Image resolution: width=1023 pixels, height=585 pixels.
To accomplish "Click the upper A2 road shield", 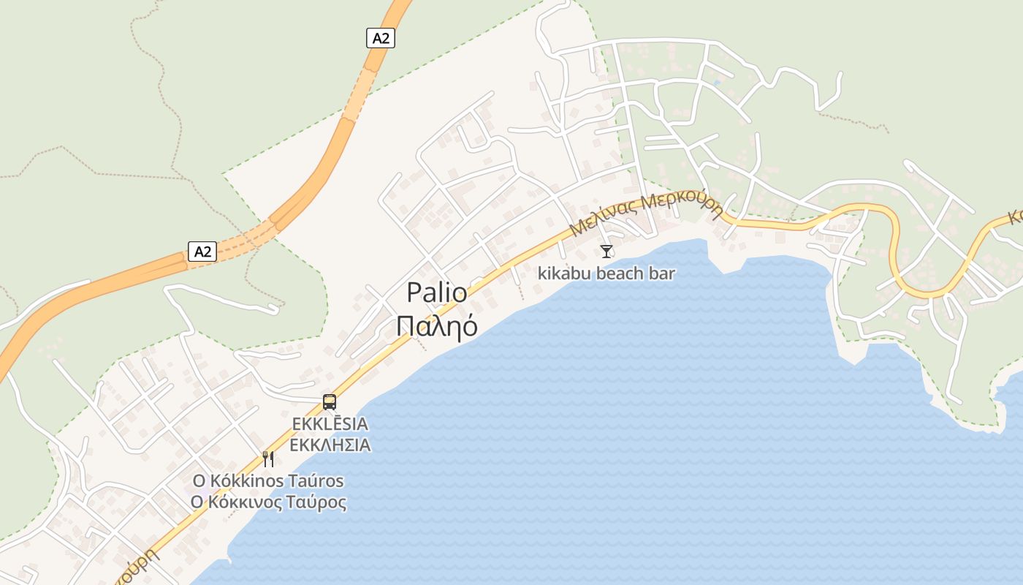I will click(380, 38).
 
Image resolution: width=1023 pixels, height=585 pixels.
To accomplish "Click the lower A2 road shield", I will click(202, 252).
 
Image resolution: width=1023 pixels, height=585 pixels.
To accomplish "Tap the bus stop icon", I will click(330, 401).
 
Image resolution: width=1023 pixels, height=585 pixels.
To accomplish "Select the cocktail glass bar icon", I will click(606, 252).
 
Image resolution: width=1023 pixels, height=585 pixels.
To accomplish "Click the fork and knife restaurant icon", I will click(268, 458).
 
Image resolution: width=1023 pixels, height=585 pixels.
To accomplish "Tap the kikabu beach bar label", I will click(606, 273).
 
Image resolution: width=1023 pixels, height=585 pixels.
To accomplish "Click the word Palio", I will click(437, 292).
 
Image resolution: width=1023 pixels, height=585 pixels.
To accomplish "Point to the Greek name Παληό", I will click(437, 325).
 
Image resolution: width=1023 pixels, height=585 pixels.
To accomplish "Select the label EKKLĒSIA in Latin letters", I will click(330, 424).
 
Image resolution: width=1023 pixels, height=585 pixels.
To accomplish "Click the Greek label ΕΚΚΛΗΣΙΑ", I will click(330, 445).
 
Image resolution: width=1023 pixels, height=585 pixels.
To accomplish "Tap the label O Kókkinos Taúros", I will click(267, 481).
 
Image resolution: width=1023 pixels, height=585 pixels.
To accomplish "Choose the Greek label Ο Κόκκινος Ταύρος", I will click(267, 502).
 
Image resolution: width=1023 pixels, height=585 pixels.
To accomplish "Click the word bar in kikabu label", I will click(662, 273).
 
